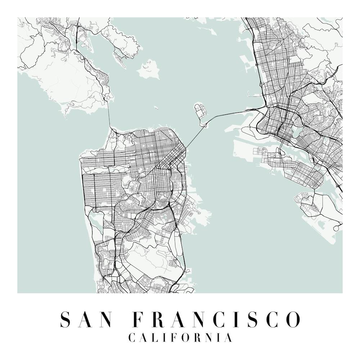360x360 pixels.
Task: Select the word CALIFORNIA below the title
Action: pos(180,338)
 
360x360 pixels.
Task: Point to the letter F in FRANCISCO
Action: pos(139,319)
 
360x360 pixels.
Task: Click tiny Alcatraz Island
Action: pos(156,108)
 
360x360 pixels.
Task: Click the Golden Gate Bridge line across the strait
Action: pos(109,115)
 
